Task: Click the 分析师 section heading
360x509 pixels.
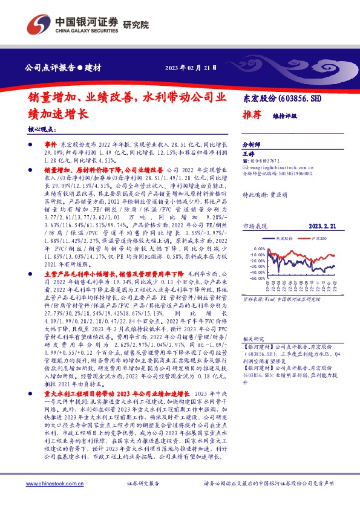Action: tap(250, 145)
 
